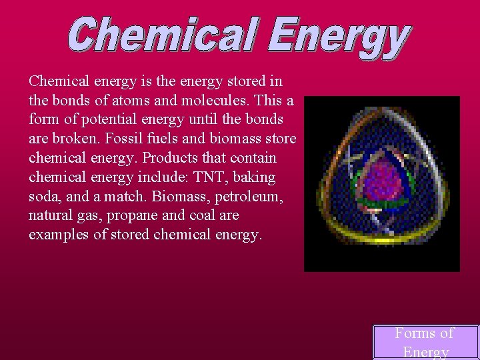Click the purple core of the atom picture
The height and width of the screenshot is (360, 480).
pos(383,180)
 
